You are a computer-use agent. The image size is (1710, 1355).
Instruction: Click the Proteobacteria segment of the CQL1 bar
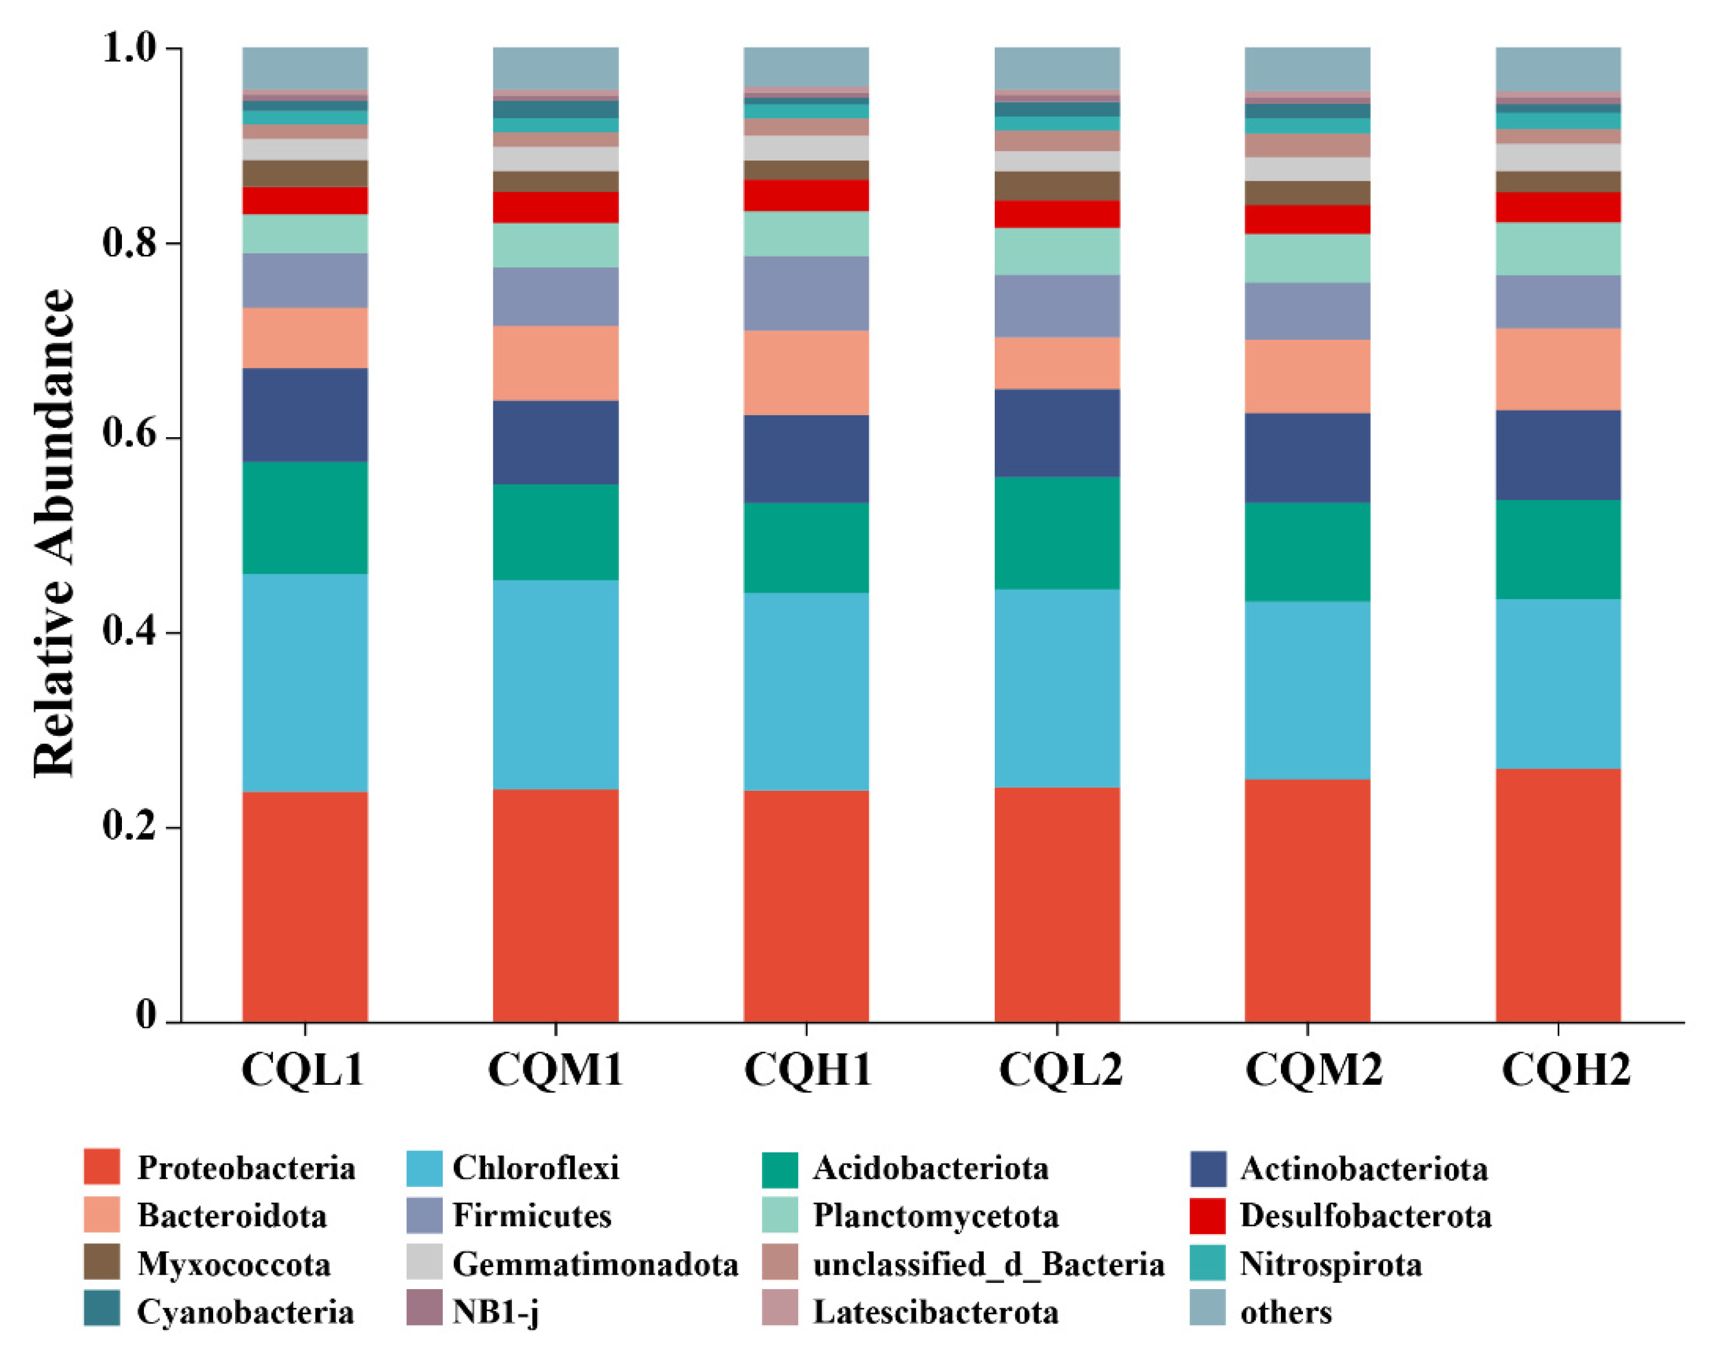coord(304,906)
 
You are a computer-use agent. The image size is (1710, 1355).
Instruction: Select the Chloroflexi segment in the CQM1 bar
coord(555,684)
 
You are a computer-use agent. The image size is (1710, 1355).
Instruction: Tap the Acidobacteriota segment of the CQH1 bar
coord(806,547)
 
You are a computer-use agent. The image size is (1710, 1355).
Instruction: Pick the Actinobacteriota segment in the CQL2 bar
coord(1057,432)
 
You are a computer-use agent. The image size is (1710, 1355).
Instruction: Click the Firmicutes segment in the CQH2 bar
coord(1558,302)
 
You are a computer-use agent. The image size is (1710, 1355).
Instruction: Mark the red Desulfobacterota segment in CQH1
coord(806,195)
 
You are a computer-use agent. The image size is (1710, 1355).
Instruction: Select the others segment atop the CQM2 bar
coord(1307,69)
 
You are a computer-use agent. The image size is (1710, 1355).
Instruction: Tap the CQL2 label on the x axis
coord(1060,1069)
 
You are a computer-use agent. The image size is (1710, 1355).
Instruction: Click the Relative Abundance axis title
coord(54,533)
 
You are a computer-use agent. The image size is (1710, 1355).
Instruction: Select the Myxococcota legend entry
coord(207,1264)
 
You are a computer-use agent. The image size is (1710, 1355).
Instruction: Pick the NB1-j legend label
coord(495,1312)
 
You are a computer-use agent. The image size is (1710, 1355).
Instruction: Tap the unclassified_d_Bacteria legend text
coord(988,1264)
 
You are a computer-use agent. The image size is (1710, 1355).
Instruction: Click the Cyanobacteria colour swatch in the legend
coord(102,1310)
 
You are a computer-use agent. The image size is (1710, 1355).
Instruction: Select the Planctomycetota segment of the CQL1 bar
coord(304,234)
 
